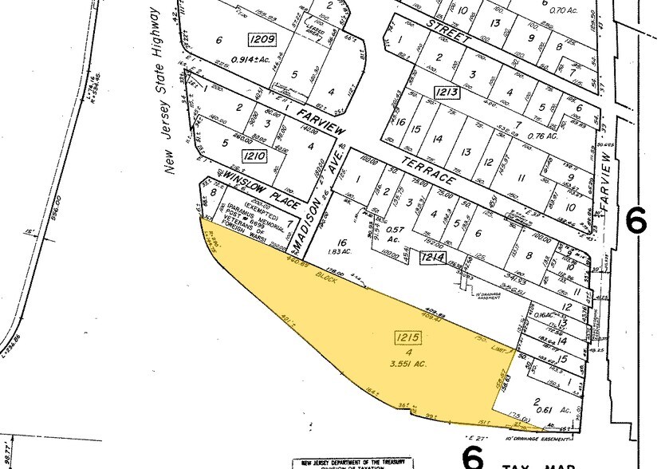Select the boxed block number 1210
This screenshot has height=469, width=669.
[x=255, y=156]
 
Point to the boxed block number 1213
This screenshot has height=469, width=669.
[x=447, y=93]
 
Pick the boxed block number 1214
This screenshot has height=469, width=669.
[x=431, y=257]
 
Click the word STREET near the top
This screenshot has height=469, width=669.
[x=448, y=30]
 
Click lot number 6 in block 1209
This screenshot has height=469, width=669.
[x=218, y=39]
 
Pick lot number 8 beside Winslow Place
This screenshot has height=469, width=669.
[x=214, y=191]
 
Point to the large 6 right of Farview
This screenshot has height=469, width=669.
[x=636, y=220]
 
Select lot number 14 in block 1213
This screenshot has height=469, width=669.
[x=436, y=139]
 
